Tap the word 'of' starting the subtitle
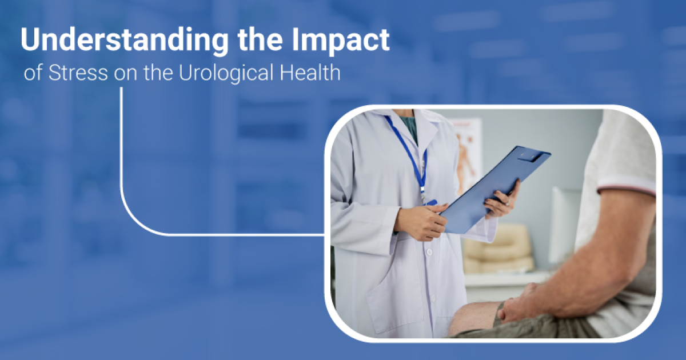[x=33, y=74]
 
